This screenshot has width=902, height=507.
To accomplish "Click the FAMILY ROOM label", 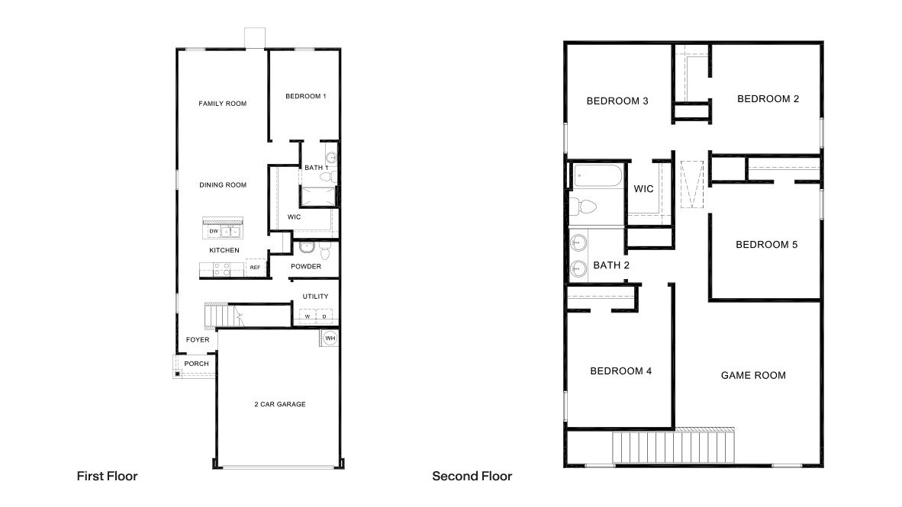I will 223,104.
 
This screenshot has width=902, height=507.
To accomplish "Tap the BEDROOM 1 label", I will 305,96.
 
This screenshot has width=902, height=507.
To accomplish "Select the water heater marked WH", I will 330,338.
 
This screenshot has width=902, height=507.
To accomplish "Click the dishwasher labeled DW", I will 214,231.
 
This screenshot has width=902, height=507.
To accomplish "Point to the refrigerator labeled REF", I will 255,268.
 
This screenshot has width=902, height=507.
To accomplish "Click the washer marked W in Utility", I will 307,316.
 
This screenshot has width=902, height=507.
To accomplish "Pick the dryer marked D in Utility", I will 324,316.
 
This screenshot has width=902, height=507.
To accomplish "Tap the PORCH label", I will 196,364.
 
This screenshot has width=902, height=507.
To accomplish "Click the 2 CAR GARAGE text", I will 279,404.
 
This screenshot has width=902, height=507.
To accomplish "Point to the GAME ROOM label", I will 753,375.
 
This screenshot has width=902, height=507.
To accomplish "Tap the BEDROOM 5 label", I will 766,245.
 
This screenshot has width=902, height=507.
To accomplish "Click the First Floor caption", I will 107,476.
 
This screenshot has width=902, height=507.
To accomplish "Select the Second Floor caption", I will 472,476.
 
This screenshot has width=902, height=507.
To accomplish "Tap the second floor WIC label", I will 644,189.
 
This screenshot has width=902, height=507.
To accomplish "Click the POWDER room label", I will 306,266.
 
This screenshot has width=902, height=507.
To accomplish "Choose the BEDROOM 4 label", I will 620,371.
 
